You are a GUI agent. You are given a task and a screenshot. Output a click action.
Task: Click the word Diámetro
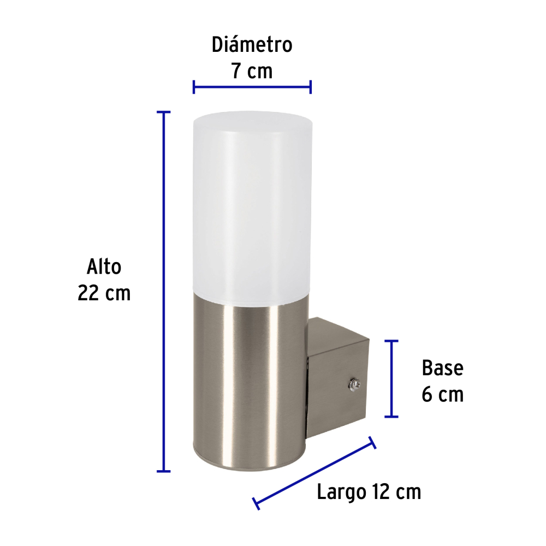252,45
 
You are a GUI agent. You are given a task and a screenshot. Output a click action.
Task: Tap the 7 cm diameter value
252,71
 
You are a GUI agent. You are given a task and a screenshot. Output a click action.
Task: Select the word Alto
104,268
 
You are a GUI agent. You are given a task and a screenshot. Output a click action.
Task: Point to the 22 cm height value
104,293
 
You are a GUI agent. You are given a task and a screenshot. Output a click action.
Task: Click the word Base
442,368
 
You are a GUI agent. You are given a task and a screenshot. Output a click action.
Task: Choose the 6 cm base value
442,394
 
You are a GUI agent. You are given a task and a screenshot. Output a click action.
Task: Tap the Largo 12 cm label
369,492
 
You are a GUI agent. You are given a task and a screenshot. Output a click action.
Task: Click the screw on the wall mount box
353,385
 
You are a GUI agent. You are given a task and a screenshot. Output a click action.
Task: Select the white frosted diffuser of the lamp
252,207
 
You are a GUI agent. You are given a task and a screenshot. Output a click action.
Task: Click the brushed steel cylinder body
251,382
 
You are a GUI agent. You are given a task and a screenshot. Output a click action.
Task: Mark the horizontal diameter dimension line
252,86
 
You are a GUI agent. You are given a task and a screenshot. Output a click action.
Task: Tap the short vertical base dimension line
391,378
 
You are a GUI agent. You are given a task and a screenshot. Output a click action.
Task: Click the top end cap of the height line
163,112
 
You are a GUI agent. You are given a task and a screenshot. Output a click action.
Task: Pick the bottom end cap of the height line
163,471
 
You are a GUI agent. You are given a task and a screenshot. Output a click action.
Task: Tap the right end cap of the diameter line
311,86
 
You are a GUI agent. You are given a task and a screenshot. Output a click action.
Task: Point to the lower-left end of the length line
256,503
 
